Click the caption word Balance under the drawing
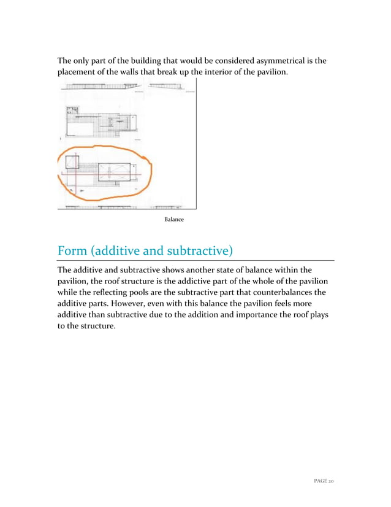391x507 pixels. (173, 219)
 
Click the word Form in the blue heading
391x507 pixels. (73, 252)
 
